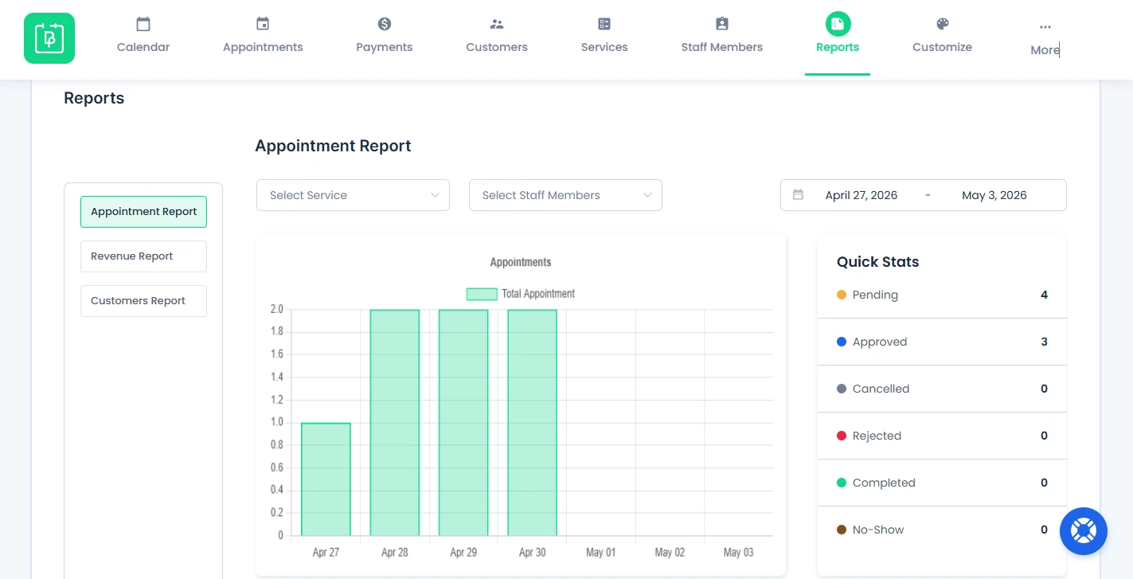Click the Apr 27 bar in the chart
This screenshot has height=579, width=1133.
coord(326,479)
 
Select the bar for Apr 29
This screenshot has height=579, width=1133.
coord(463,423)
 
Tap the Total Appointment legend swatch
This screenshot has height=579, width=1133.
coord(482,294)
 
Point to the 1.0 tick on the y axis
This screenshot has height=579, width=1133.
coord(277,422)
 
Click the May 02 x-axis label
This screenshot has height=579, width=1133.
coord(670,552)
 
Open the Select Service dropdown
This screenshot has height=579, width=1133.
coord(353,195)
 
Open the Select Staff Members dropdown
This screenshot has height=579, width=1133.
coord(565,195)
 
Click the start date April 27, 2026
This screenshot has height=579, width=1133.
coord(861,195)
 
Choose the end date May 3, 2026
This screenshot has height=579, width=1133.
coord(994,195)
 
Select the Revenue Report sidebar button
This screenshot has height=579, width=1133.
coord(143,256)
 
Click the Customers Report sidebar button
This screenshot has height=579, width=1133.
coord(143,300)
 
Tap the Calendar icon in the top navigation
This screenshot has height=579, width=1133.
coord(143,24)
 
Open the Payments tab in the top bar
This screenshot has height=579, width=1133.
coord(385,35)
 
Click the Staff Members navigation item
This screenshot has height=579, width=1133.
coord(722,35)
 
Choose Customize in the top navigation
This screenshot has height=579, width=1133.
coord(943,35)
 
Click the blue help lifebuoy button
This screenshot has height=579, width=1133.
coord(1084,531)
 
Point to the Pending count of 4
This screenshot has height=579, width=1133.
coord(1044,295)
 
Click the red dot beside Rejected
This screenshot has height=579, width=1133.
coord(842,436)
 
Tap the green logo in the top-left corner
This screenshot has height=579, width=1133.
coord(49,38)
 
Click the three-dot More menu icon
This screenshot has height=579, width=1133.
coord(1045,27)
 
